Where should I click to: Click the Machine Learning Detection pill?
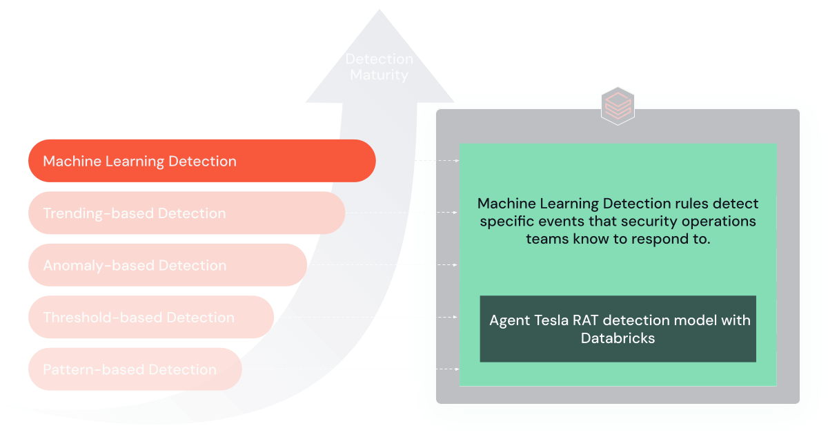click(201, 161)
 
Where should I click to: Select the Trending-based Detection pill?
click(186, 213)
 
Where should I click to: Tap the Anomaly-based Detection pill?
click(167, 265)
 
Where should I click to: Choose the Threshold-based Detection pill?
click(150, 318)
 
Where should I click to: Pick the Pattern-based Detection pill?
click(135, 369)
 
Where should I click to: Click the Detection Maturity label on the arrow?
click(379, 67)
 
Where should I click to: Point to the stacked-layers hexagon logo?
click(618, 106)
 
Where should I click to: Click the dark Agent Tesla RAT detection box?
click(618, 329)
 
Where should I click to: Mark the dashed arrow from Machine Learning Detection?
click(437, 161)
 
